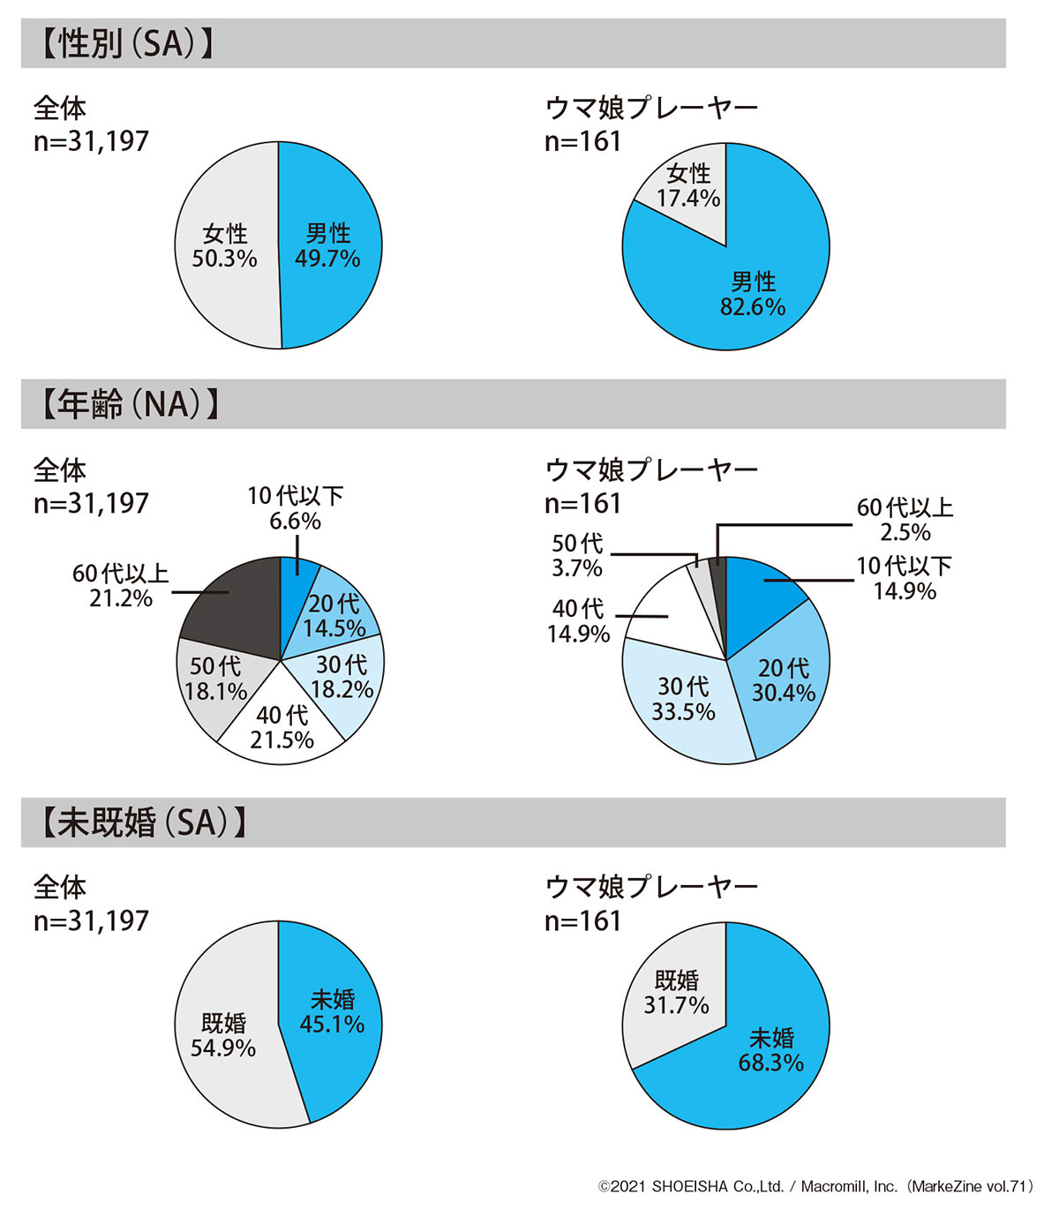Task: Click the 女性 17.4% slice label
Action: tap(687, 186)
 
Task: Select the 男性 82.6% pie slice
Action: tap(753, 294)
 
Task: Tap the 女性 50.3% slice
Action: tap(225, 246)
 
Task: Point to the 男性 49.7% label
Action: tap(327, 246)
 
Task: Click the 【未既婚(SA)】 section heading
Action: tap(142, 823)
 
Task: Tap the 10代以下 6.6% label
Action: tap(295, 508)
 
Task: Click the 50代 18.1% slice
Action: tap(214, 679)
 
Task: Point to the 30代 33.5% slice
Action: tap(683, 699)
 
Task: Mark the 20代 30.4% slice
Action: tap(783, 680)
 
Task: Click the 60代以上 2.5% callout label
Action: tap(905, 520)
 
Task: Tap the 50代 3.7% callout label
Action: tap(577, 555)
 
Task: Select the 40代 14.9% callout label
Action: tap(578, 621)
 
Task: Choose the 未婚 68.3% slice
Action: tap(770, 1049)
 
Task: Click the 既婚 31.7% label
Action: tap(676, 993)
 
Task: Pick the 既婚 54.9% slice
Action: tap(223, 1035)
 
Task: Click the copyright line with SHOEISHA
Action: tap(815, 1187)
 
